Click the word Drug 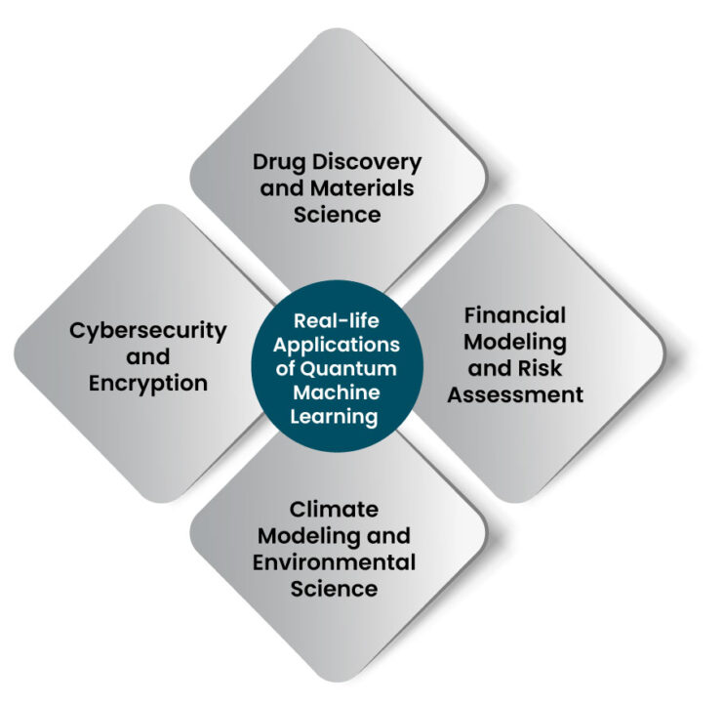coord(280,163)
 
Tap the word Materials coord(362,188)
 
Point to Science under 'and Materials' coord(337,215)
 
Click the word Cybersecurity coord(148,332)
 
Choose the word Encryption coord(148,385)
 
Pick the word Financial coord(515,315)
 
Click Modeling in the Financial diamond coord(515,343)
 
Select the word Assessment coord(515,394)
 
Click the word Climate coord(334,510)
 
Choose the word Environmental coord(334,562)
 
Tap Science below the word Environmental coord(334,589)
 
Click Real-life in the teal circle coord(337,321)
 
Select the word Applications coord(337,346)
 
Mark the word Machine coord(337,393)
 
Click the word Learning coord(334,418)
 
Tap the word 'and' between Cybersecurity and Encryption coord(148,357)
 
